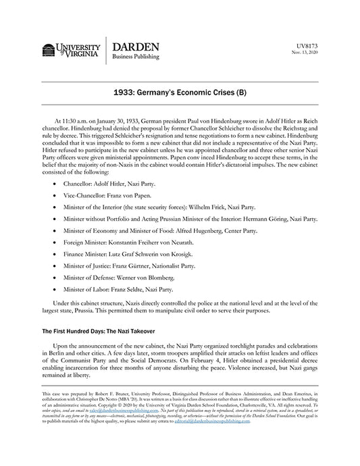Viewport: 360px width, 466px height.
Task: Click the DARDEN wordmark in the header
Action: pyautogui.click(x=135, y=47)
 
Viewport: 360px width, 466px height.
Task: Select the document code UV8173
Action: pyautogui.click(x=307, y=45)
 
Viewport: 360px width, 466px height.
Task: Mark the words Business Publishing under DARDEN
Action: pyautogui.click(x=135, y=57)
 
